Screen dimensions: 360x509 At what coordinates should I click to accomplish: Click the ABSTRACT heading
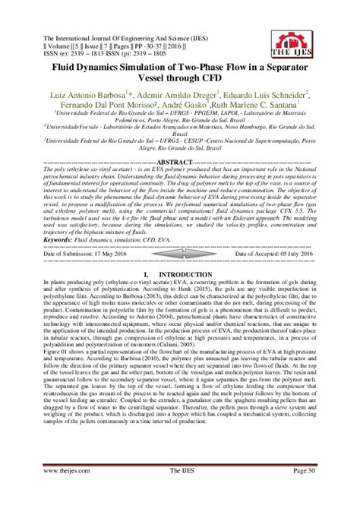[x=180, y=162]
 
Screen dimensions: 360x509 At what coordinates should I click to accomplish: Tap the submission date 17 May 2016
[x=114, y=254]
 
